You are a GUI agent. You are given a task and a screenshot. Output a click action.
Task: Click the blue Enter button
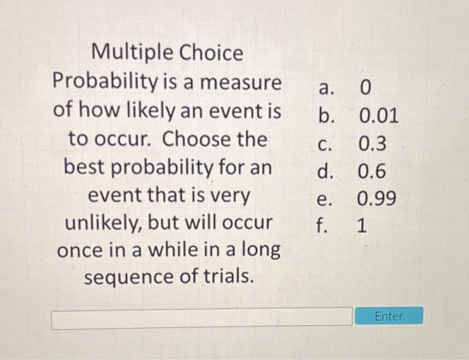click(389, 316)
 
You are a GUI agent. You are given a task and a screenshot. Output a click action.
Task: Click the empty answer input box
click(202, 318)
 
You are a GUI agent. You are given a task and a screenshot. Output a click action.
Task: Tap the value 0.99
click(377, 199)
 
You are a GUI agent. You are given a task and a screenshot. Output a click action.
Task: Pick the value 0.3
click(373, 144)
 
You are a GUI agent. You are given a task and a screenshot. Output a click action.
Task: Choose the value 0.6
click(373, 172)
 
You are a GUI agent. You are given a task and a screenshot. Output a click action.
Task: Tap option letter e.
click(324, 199)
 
